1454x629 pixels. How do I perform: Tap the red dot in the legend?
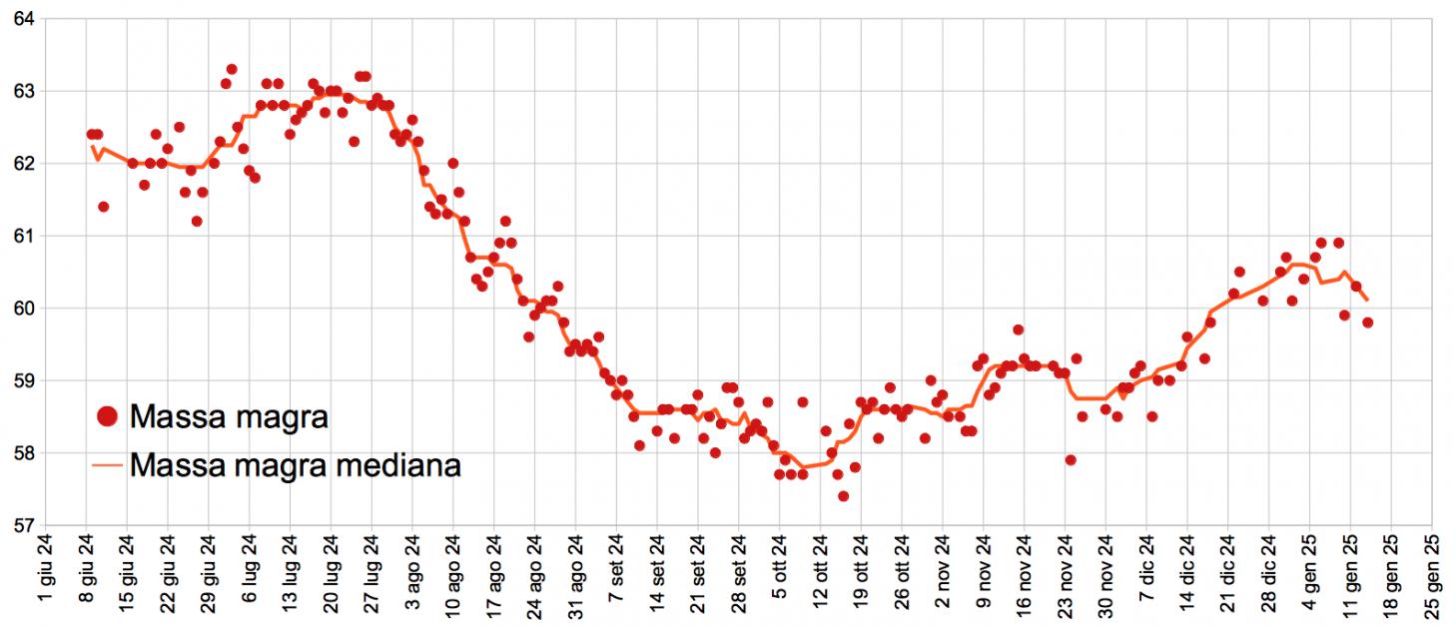(108, 417)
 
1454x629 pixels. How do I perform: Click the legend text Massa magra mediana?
(295, 465)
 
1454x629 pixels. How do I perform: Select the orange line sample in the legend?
(108, 465)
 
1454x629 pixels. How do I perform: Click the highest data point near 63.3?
(232, 69)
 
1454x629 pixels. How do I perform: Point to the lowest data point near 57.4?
(843, 496)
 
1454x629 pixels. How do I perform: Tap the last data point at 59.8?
(1367, 322)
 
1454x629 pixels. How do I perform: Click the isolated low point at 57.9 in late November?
(1071, 460)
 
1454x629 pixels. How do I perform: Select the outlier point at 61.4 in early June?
(104, 207)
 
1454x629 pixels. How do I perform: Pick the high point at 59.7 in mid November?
(1018, 329)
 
